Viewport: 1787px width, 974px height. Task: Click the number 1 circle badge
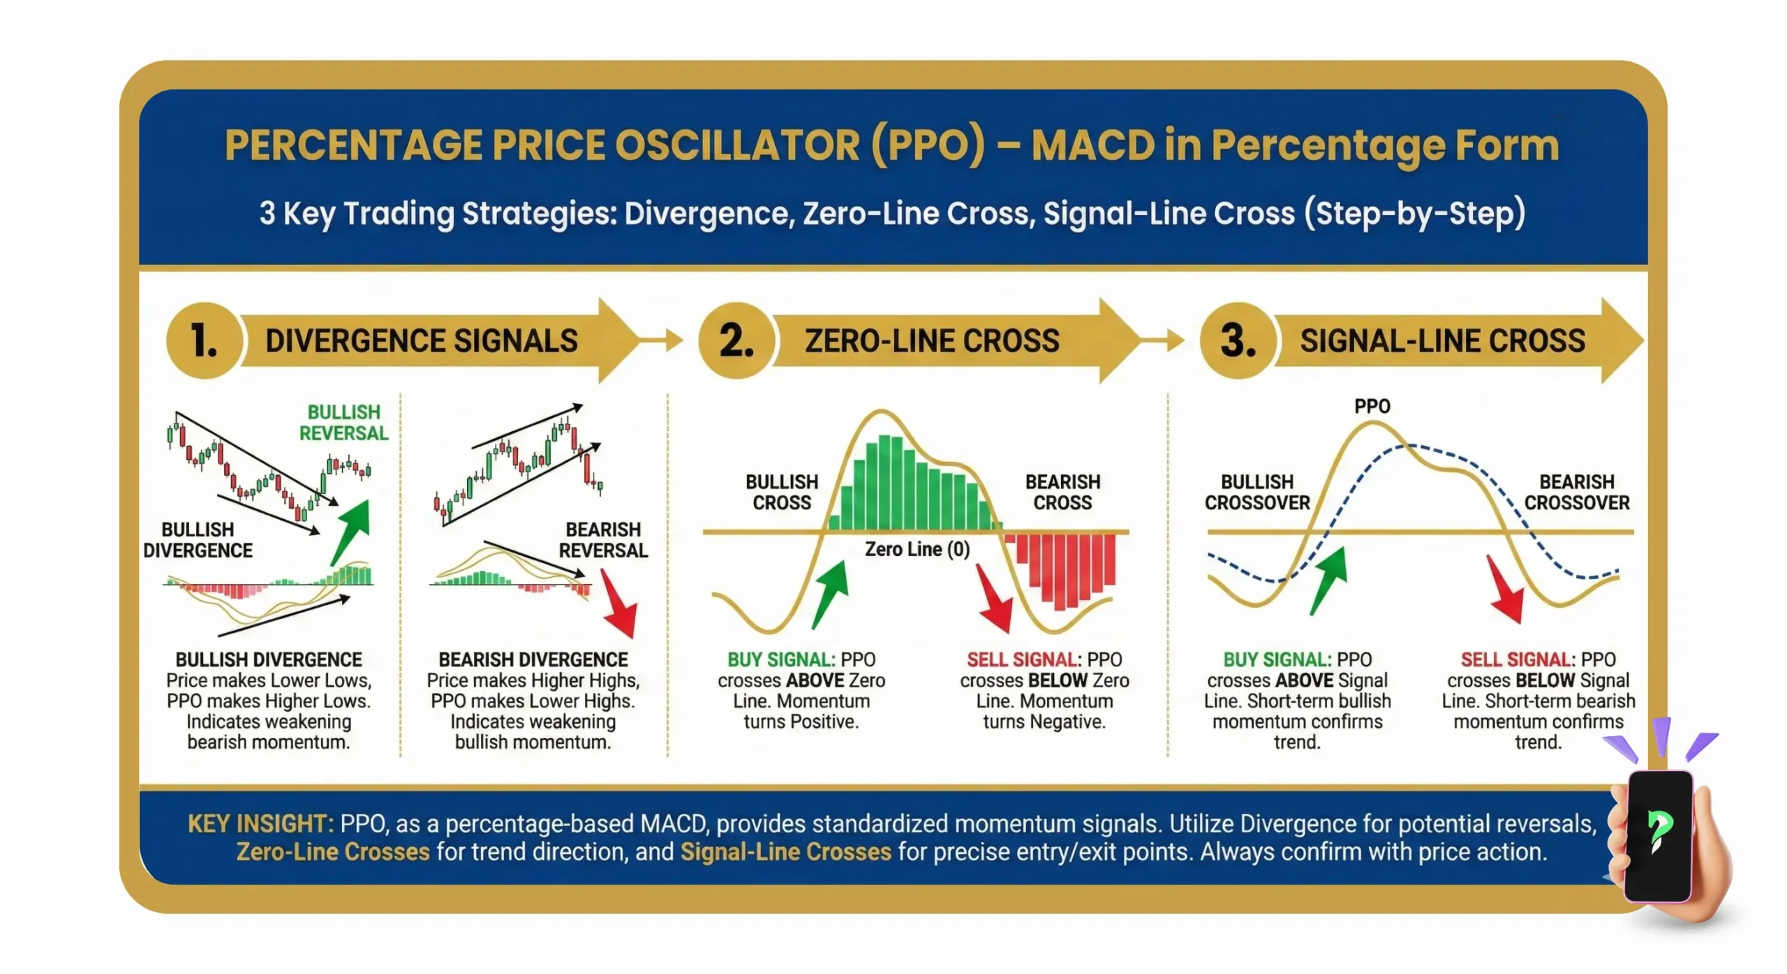(204, 340)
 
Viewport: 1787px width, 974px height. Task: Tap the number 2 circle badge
(736, 340)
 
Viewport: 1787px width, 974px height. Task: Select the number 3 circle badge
(1238, 340)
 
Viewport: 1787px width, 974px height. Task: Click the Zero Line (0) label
(917, 549)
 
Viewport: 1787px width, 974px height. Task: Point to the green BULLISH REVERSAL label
(343, 422)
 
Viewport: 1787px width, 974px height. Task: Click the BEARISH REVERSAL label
(603, 539)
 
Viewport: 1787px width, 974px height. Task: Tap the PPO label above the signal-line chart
(1372, 406)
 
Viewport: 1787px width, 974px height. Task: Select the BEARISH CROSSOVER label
(1576, 492)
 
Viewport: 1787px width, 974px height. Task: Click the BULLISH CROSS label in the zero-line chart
(781, 492)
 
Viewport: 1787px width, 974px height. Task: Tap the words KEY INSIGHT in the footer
(260, 824)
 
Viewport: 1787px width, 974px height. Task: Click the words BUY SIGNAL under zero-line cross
(780, 659)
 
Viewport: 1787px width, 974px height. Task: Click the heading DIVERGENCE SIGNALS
(421, 340)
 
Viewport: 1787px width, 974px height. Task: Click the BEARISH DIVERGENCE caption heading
(533, 659)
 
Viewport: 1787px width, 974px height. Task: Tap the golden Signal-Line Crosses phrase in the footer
(785, 852)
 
